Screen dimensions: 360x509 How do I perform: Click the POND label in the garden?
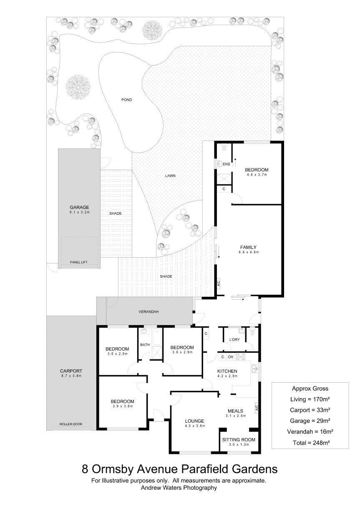point(126,100)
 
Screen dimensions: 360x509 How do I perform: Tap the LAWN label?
point(170,176)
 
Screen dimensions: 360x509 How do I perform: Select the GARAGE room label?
point(79,207)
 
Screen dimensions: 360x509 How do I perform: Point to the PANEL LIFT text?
point(79,262)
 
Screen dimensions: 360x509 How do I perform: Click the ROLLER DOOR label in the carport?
point(71,424)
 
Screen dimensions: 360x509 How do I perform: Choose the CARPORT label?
point(71,371)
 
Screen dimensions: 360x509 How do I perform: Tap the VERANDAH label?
point(149,312)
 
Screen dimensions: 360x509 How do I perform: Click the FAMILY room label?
point(248,247)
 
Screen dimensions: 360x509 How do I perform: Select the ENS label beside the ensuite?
point(226,164)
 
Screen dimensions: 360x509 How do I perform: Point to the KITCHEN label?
point(227,371)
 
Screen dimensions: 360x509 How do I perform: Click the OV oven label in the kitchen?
point(230,357)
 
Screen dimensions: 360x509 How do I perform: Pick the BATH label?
point(145,345)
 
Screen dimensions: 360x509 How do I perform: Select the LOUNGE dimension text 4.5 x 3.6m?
point(194,426)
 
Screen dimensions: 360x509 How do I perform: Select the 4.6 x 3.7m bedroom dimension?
point(257,175)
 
